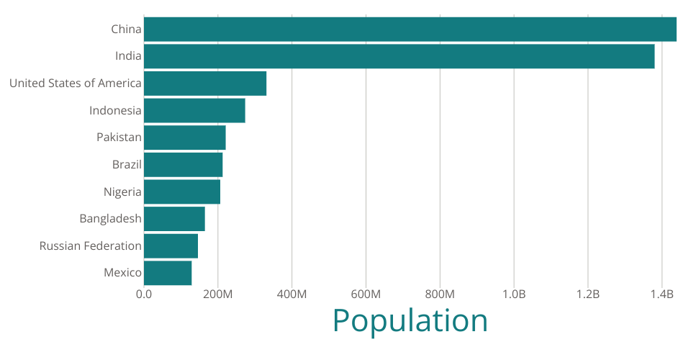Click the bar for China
[410, 30]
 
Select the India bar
[399, 56]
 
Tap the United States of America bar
[205, 84]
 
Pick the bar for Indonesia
[194, 111]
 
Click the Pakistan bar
[185, 138]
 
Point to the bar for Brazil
[184, 165]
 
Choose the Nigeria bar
[182, 192]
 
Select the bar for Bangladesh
[174, 219]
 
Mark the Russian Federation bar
[171, 246]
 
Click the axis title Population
[410, 320]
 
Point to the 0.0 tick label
[144, 294]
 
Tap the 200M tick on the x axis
[217, 294]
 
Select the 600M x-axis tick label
[366, 294]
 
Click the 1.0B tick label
[514, 294]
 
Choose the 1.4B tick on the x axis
[662, 294]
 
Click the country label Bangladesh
[110, 219]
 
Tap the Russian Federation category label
[90, 246]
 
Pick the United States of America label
[75, 84]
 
